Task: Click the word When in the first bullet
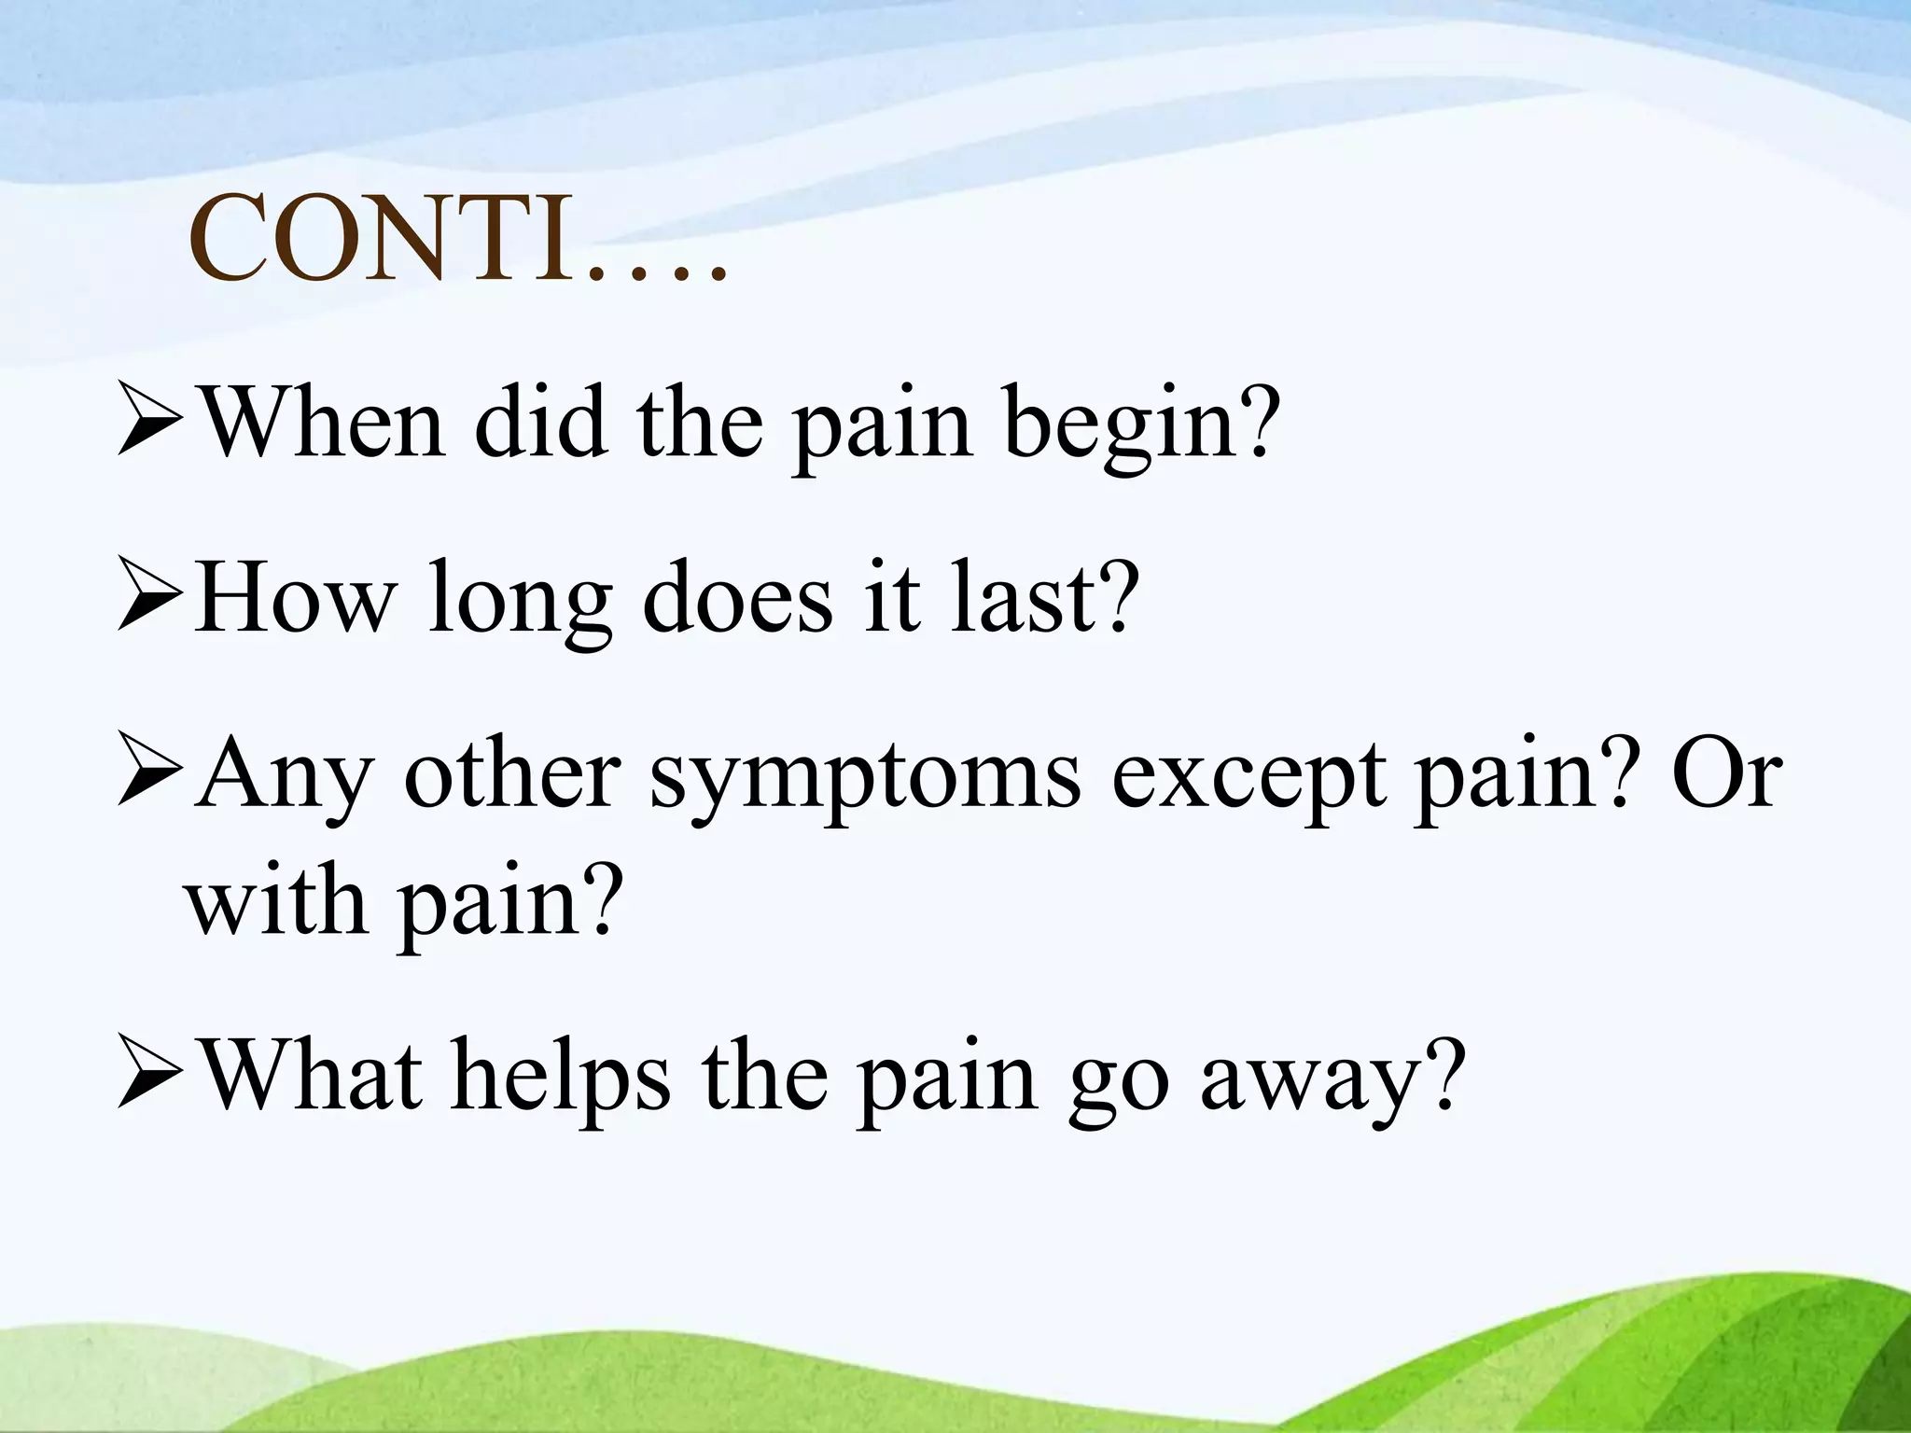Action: click(x=323, y=424)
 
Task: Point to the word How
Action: click(x=295, y=598)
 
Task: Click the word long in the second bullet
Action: click(x=520, y=605)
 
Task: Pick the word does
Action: click(x=737, y=598)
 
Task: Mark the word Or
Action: click(x=1726, y=774)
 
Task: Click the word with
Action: click(x=276, y=900)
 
